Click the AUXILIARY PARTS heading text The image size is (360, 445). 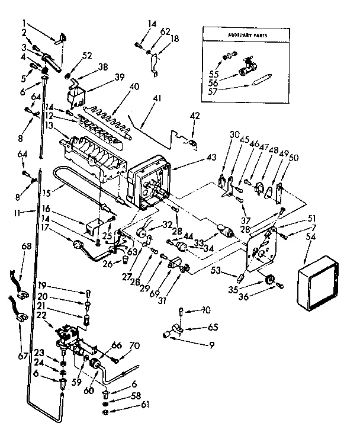pyautogui.click(x=246, y=36)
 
